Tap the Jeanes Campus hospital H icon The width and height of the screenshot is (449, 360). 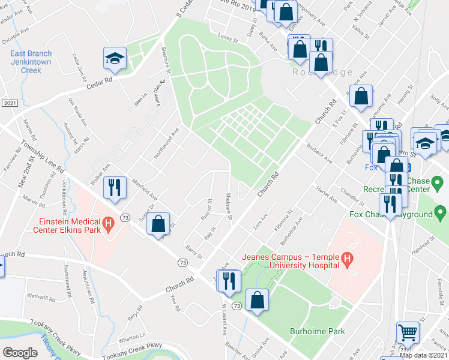(346, 260)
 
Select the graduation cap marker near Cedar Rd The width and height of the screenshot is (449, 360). (115, 59)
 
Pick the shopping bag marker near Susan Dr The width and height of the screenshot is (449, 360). (158, 224)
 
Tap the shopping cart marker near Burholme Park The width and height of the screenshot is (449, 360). (408, 332)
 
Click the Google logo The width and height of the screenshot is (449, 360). (20, 353)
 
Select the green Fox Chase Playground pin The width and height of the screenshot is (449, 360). (441, 212)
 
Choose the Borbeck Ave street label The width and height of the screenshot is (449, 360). (319, 152)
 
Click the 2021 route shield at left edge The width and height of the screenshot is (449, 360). (9, 103)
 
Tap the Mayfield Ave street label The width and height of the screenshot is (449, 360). (145, 188)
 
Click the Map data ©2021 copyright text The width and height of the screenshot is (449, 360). (424, 355)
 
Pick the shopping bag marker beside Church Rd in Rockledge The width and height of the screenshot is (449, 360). (360, 97)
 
